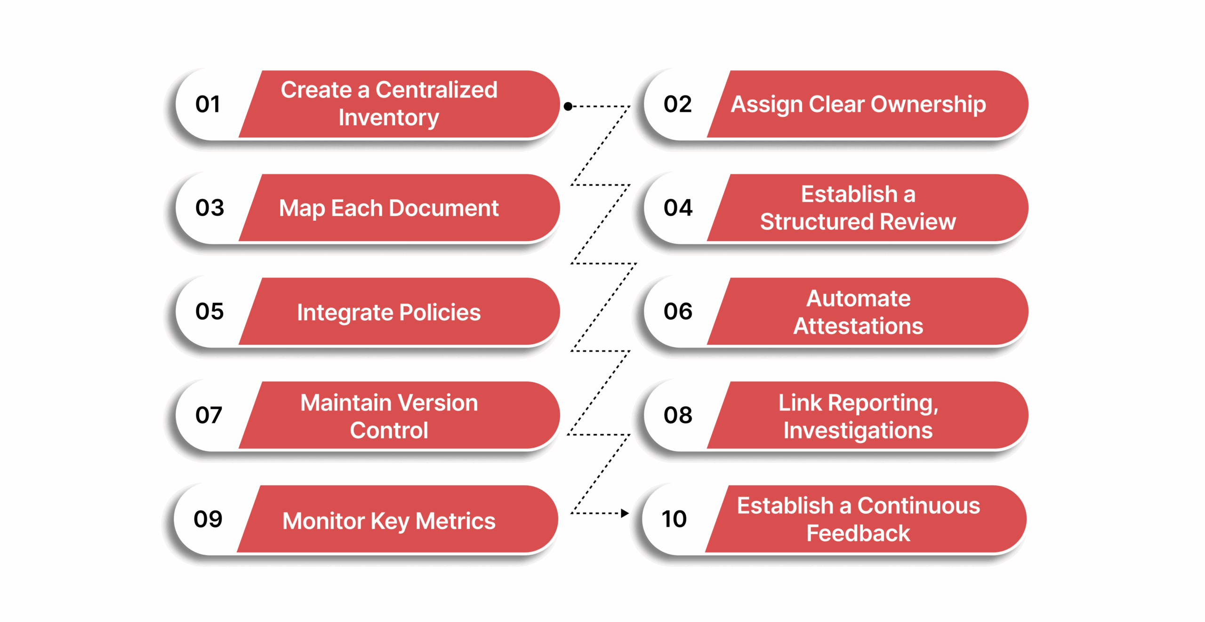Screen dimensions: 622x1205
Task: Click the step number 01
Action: tap(208, 104)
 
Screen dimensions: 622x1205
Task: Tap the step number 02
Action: tap(677, 104)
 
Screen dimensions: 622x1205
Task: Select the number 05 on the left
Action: tap(209, 311)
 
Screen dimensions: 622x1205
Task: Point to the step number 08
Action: tap(677, 415)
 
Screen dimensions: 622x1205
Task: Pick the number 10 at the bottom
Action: tap(674, 519)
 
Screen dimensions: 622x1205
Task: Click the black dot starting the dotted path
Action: tap(568, 106)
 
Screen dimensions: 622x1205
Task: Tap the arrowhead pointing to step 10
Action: tap(625, 513)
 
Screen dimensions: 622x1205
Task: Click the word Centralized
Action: tap(436, 90)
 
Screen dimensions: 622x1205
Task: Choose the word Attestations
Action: tap(858, 326)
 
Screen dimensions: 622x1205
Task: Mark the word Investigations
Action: tap(858, 430)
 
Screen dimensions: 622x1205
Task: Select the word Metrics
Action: tap(455, 521)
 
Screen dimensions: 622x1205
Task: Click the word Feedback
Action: tap(858, 533)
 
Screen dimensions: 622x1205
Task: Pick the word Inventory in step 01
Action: tap(388, 118)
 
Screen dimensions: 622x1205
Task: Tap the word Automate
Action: tap(858, 299)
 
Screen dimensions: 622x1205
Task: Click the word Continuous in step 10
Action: tap(918, 506)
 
